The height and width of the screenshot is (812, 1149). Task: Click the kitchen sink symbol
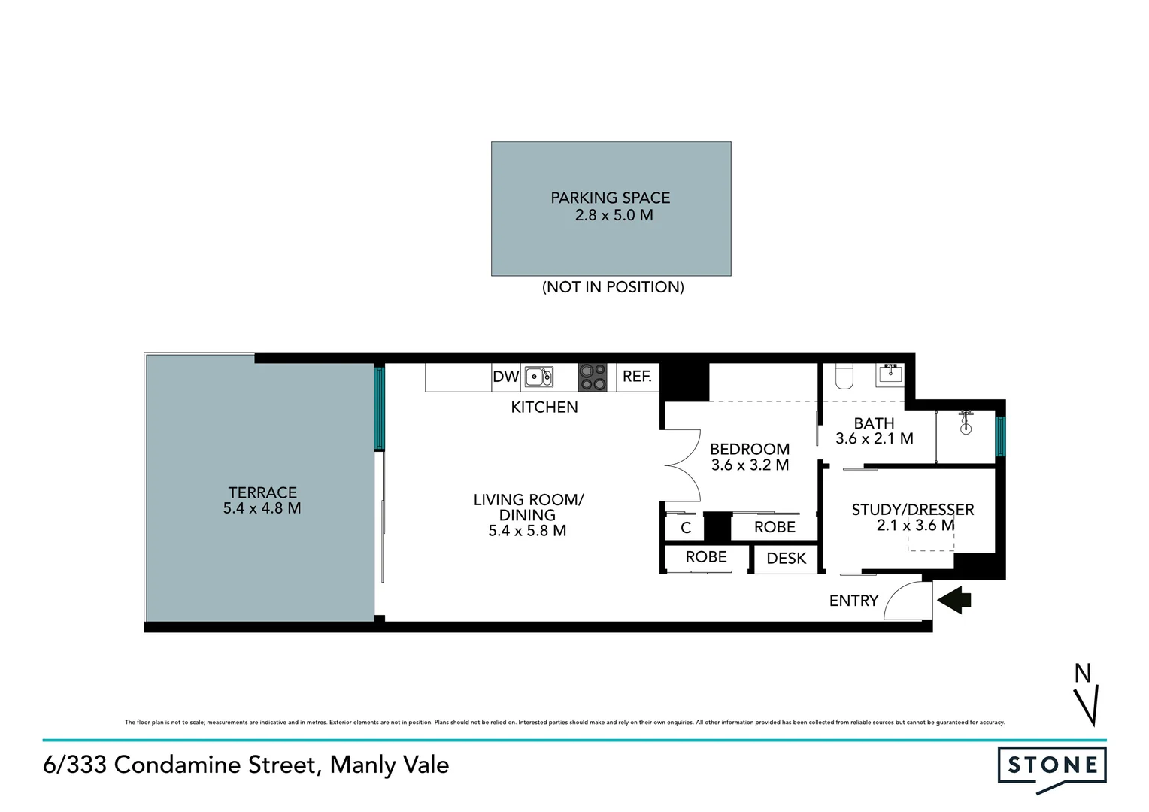(538, 377)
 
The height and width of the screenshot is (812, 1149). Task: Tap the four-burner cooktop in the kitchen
(593, 377)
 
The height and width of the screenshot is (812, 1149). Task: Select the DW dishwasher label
(506, 377)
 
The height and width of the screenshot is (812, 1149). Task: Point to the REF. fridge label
(637, 377)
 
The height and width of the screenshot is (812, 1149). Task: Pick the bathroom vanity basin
(890, 374)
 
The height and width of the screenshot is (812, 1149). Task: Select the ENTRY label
(853, 601)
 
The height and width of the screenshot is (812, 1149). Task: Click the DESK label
(786, 559)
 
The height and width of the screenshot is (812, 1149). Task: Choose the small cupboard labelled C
(685, 528)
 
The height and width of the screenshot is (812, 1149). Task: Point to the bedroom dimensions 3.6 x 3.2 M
(750, 465)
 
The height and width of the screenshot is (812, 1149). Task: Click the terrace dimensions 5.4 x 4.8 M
(262, 508)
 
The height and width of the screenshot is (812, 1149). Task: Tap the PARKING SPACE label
(610, 198)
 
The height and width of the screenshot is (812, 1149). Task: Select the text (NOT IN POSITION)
(613, 287)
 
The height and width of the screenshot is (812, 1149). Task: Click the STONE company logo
(1052, 767)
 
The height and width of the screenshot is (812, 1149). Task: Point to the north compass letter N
(1082, 674)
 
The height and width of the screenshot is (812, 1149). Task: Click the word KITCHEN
(544, 408)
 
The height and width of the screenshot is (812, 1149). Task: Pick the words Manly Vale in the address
(390, 765)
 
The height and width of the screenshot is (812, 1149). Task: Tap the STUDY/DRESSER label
(912, 510)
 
